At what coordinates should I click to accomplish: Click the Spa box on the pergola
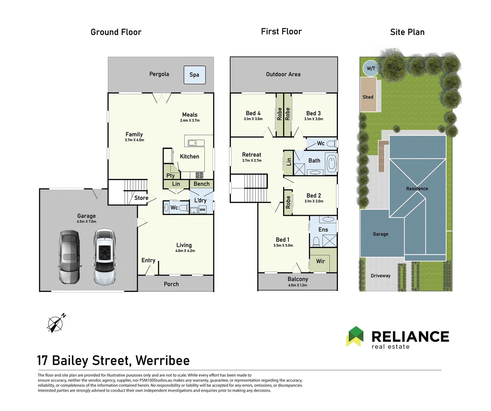click(194, 75)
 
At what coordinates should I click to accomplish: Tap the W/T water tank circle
click(371, 68)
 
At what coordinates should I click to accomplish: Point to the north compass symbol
click(56, 323)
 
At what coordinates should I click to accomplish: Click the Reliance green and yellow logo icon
click(355, 336)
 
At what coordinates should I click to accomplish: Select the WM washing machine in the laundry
click(202, 210)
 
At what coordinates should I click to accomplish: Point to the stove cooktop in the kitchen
click(199, 175)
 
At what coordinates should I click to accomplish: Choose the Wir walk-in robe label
click(320, 261)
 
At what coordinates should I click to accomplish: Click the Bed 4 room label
click(253, 113)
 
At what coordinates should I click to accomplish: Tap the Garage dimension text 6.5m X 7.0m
click(86, 221)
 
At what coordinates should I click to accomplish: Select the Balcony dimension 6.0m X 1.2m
click(298, 285)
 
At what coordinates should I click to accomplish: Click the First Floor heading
click(281, 32)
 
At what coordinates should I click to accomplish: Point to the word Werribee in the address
click(163, 360)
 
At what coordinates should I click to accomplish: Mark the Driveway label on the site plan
click(381, 276)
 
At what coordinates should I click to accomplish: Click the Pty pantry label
click(171, 176)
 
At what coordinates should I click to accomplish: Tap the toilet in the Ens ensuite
click(316, 241)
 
